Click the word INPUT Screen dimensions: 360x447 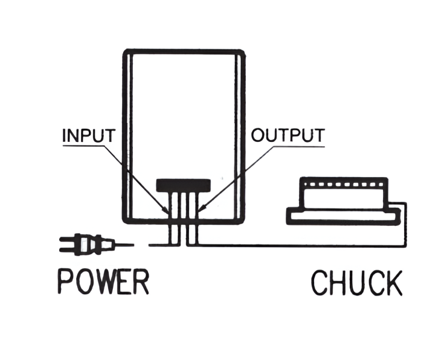88,135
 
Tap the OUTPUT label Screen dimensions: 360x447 288,135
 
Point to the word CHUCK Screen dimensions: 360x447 356,284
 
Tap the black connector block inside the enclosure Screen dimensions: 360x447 184,184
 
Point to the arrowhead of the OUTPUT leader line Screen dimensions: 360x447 202,210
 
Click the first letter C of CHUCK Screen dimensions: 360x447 321,284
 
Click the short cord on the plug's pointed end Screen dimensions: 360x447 124,245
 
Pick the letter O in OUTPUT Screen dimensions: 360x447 258,135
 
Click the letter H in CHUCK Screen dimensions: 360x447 338,284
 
